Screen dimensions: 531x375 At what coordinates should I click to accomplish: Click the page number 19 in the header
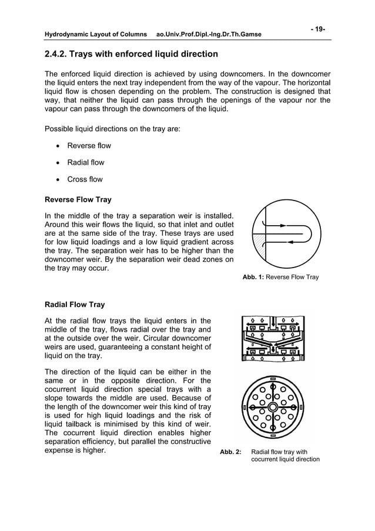point(320,29)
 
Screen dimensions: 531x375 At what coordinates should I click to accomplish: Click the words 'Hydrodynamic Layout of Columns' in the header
point(96,35)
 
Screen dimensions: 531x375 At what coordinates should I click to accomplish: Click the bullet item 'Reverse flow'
point(89,146)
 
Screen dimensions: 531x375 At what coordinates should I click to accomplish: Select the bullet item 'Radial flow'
point(85,162)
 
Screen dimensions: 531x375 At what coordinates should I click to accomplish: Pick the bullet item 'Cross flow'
point(85,179)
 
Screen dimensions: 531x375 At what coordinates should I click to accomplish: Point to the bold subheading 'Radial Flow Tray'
point(75,305)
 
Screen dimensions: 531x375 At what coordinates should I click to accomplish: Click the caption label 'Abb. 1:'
point(253,277)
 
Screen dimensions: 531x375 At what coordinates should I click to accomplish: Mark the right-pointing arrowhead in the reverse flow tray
point(284,225)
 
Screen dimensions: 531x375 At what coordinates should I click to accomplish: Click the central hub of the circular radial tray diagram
point(273,408)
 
